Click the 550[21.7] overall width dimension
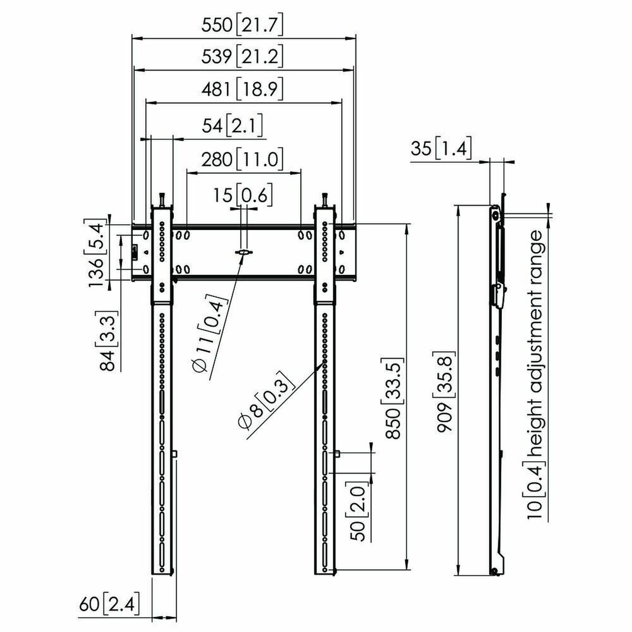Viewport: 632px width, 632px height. (243, 26)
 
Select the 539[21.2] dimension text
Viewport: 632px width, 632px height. (243, 56)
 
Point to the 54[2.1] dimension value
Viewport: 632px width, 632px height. (232, 126)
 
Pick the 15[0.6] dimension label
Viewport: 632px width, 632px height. (243, 196)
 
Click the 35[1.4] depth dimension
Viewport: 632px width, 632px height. (440, 150)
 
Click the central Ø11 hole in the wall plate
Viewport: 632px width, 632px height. (243, 253)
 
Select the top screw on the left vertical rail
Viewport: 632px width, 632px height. (162, 200)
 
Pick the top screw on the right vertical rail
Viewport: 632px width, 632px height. (325, 200)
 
